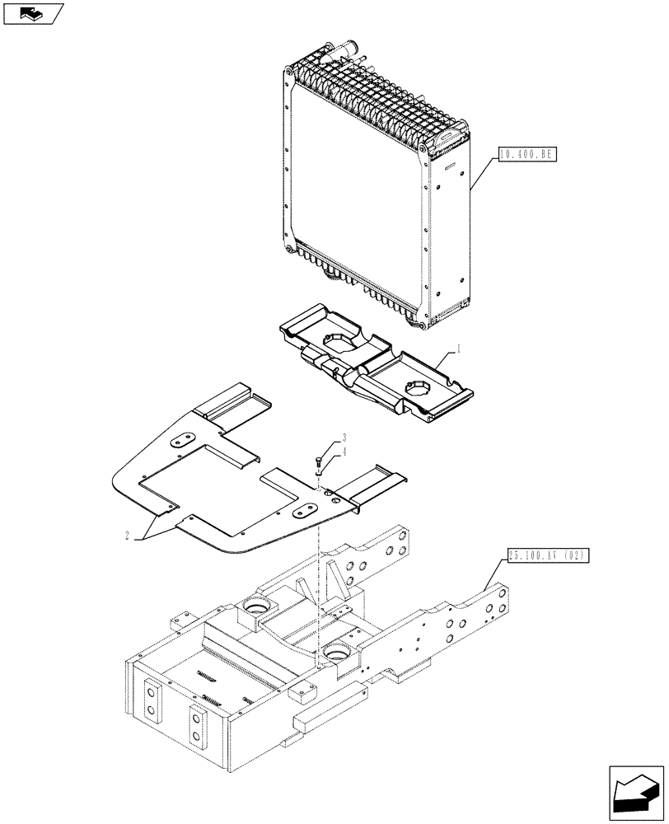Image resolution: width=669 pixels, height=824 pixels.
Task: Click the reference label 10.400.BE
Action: tap(526, 153)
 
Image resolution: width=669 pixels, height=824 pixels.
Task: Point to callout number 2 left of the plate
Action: tap(128, 536)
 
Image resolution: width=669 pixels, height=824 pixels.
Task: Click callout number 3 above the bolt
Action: tap(344, 437)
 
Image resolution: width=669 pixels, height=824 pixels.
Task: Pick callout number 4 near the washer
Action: tap(344, 452)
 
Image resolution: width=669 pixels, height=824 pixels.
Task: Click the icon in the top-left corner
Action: tap(30, 13)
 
